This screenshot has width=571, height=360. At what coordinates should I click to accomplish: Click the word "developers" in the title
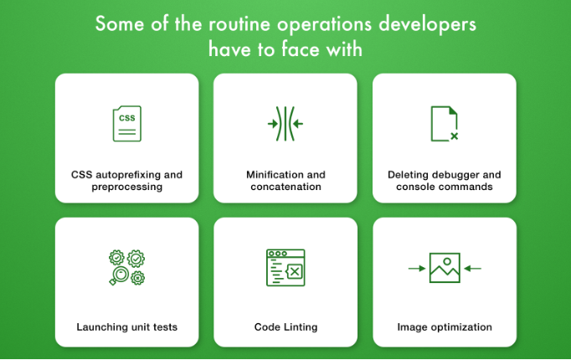pos(427,25)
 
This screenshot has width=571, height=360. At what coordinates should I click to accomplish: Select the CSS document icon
pos(127,124)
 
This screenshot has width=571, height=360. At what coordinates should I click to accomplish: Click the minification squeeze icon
pos(285,124)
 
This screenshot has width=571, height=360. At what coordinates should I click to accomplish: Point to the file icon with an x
pos(445,124)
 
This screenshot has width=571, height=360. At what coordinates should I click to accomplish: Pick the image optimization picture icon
pos(445,268)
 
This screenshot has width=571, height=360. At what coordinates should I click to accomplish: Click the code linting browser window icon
pos(285,268)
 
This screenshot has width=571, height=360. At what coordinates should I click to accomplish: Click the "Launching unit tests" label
pos(127,327)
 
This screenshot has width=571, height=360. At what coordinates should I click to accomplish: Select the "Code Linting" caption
pos(285,327)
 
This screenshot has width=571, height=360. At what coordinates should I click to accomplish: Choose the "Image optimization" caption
pos(445,327)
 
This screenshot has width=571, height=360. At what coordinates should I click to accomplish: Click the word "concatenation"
pos(285,187)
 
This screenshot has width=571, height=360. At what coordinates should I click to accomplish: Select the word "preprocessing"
pos(127,187)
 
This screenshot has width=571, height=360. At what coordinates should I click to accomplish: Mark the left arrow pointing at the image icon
pos(417,269)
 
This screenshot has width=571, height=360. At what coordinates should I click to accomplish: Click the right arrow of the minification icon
pos(298,124)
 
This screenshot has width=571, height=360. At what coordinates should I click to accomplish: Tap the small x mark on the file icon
pos(454,136)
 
